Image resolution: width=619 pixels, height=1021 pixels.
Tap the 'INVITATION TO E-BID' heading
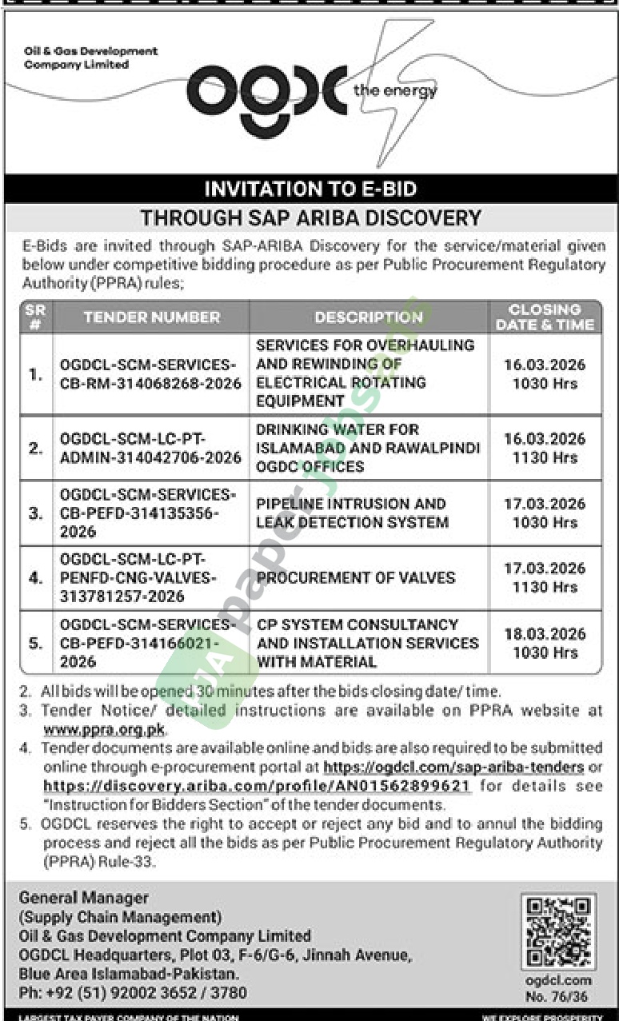coord(310,189)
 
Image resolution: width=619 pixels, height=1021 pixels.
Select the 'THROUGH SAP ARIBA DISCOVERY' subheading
coord(310,217)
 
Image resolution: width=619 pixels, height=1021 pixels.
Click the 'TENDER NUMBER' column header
coord(151,317)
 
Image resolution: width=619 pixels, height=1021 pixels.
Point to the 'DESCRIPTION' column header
coord(368,317)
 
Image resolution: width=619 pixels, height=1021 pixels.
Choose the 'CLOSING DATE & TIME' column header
coord(545,317)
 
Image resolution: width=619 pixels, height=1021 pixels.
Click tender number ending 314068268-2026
coord(150,374)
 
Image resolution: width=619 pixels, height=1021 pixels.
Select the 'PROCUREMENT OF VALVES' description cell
coord(356,577)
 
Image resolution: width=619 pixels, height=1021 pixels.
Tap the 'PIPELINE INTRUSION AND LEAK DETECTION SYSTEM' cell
coord(352,513)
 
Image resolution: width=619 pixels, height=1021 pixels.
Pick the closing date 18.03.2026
coord(545,633)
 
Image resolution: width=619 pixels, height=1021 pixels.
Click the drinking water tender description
coord(368,448)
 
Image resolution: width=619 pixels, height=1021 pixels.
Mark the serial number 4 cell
coord(36,577)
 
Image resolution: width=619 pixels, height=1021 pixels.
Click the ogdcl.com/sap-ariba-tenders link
coord(453,768)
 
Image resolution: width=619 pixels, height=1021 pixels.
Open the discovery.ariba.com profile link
coord(257,786)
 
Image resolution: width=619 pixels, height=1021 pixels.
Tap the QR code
coord(558,931)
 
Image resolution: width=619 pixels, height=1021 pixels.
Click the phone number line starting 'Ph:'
coord(133,993)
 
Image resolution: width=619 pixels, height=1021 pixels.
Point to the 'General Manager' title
coord(84,898)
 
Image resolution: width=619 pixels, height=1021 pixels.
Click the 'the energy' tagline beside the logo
coord(395,91)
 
